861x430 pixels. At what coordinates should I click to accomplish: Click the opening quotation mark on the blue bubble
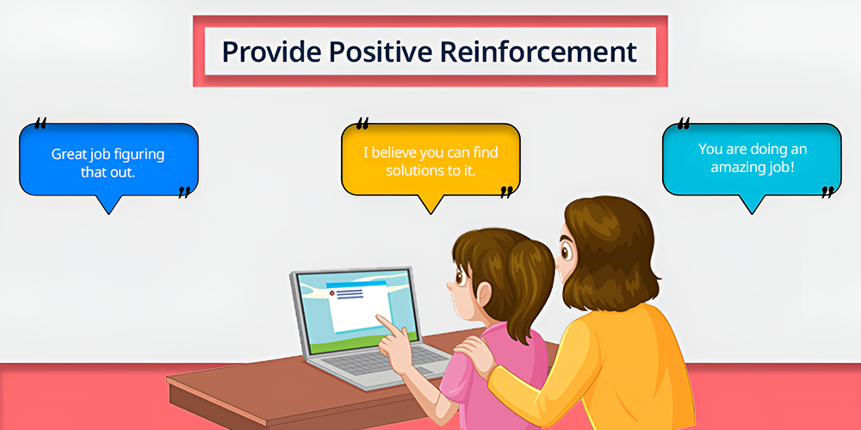click(40, 123)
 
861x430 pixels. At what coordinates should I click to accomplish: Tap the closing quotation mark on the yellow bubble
click(506, 192)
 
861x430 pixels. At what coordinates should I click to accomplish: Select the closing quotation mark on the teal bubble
click(827, 192)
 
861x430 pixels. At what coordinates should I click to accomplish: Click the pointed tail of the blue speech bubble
click(108, 212)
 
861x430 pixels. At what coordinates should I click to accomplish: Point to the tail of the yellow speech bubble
click(430, 212)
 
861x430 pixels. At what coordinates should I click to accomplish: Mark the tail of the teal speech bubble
click(752, 212)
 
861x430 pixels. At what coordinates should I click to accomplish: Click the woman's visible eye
click(567, 250)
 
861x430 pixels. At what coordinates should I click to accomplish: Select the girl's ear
click(483, 294)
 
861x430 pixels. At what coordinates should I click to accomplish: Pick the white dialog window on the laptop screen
click(356, 307)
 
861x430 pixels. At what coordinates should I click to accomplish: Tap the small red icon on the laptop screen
click(331, 293)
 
